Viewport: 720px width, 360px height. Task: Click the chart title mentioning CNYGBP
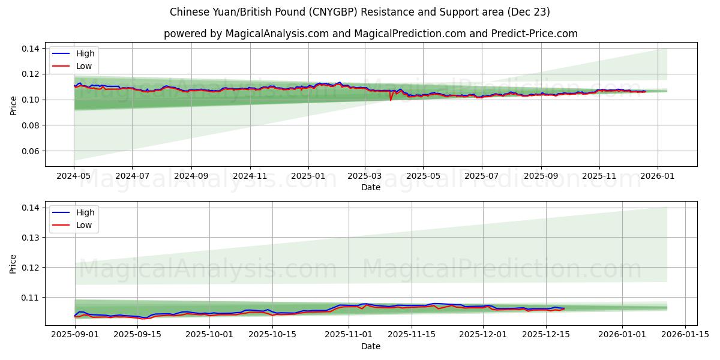[x=360, y=12]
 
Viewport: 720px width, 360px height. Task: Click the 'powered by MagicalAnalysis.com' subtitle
[x=371, y=34]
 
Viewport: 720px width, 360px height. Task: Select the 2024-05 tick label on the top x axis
[x=74, y=176]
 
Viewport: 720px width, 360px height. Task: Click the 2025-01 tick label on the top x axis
[x=308, y=176]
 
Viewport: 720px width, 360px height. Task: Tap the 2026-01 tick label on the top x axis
[x=658, y=176]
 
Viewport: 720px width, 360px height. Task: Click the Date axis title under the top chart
[x=371, y=187]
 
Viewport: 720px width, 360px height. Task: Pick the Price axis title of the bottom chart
[x=13, y=263]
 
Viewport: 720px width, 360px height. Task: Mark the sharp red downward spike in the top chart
[x=391, y=100]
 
